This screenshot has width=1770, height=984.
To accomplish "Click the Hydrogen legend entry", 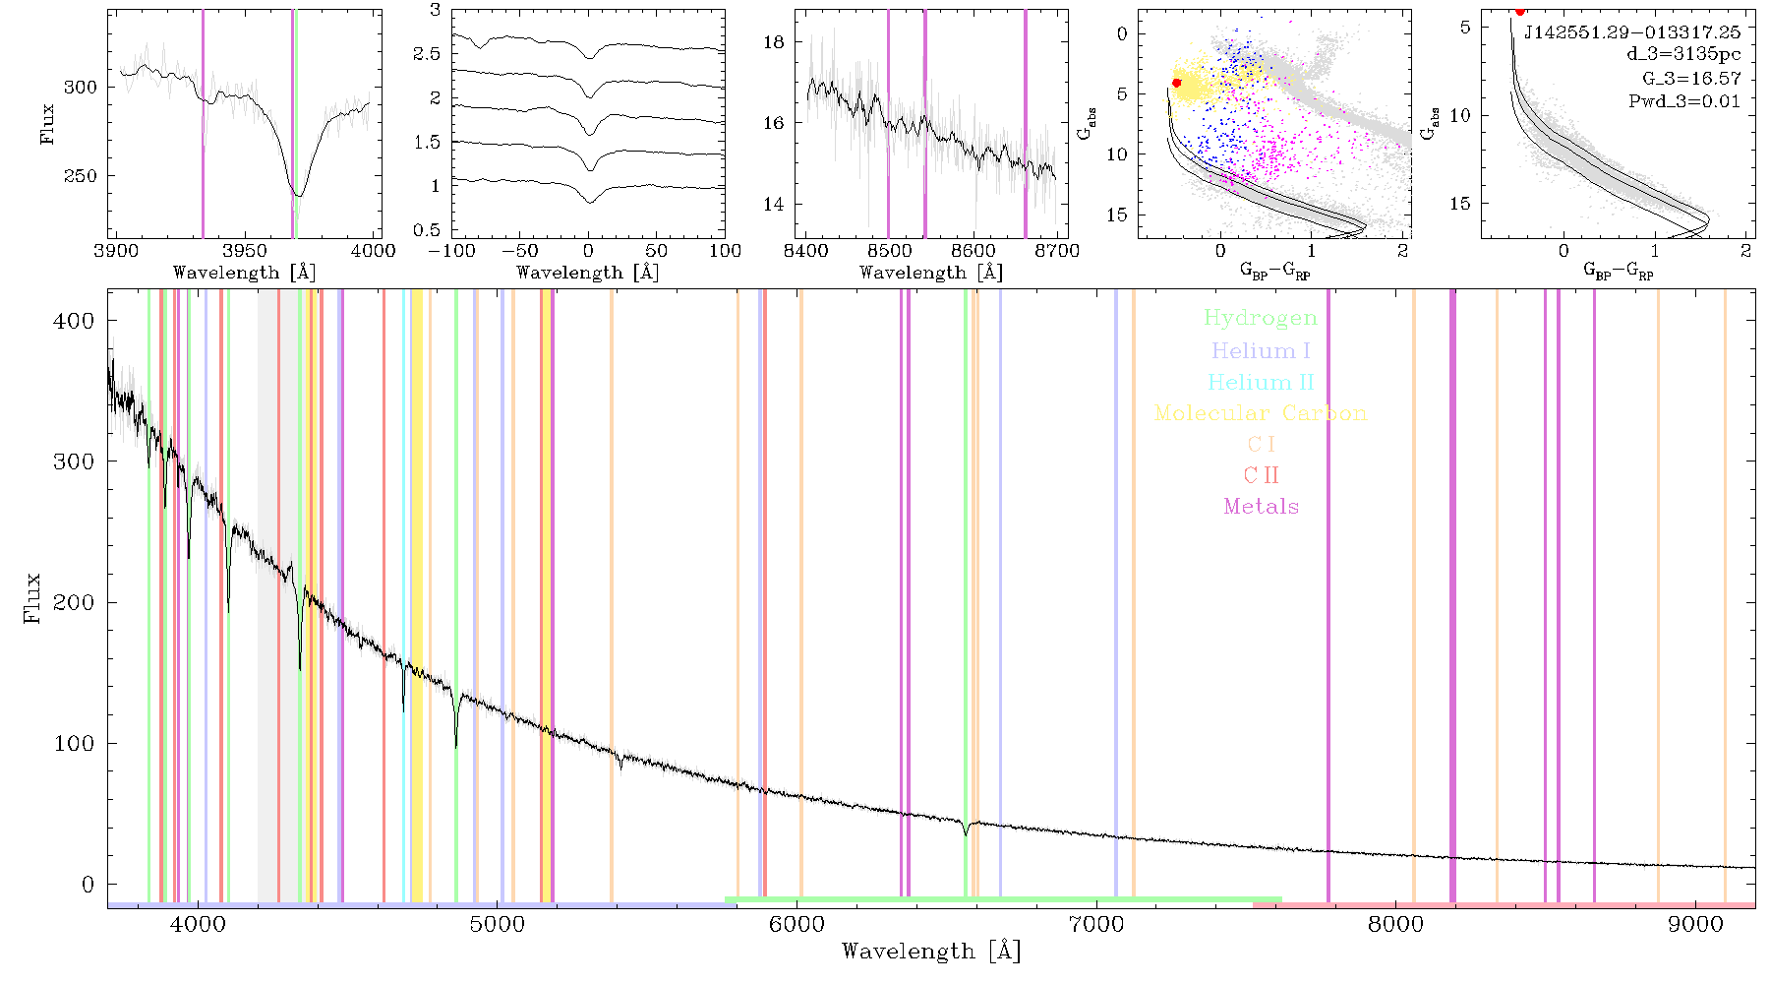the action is (x=1261, y=319).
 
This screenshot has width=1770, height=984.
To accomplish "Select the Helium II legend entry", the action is (x=1261, y=382).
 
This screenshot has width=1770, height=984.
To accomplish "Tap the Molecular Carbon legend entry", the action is (x=1261, y=413).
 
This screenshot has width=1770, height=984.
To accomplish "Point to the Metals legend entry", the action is (x=1261, y=507).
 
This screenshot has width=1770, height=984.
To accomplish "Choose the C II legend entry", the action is (x=1261, y=475).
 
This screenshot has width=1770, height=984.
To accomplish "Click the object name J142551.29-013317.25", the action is (x=1632, y=32).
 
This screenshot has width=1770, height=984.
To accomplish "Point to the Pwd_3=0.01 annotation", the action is (x=1684, y=101).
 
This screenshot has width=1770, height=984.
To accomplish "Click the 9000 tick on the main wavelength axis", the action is (x=1695, y=924).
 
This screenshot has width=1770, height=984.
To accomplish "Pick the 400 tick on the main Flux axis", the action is (x=75, y=321).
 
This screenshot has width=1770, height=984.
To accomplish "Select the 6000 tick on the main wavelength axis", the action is (x=796, y=924).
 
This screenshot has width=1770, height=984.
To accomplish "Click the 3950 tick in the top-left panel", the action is (x=245, y=251).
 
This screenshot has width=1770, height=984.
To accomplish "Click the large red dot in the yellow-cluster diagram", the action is (x=1176, y=83).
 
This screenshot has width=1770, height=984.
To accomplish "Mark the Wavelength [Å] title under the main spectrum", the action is (x=931, y=952).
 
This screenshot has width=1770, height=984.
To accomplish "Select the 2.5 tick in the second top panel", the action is (x=427, y=53).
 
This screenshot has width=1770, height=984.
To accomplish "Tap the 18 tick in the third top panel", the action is (x=774, y=41).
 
